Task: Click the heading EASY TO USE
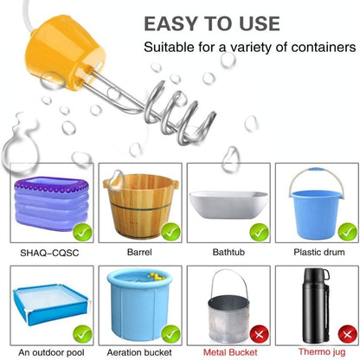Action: [212, 23]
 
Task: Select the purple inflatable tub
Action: [51, 204]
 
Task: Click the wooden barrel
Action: [141, 206]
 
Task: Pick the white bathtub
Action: [228, 204]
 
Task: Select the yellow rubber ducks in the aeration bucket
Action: [156, 277]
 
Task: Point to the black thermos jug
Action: [316, 305]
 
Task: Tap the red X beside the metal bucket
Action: [260, 335]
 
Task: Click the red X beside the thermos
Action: [348, 335]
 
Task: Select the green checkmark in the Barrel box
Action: [170, 232]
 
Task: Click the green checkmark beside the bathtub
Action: [260, 232]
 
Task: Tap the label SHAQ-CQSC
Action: [49, 253]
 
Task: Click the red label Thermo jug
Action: [322, 352]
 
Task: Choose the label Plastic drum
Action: [319, 252]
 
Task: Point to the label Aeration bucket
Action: [139, 352]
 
